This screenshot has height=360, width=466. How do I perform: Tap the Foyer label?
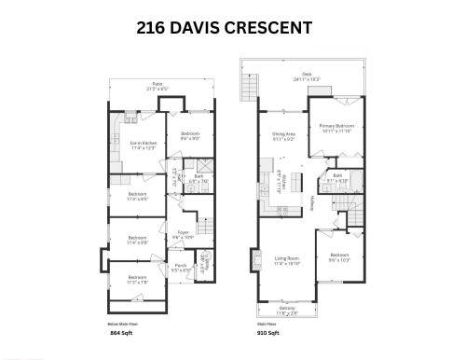[183, 236]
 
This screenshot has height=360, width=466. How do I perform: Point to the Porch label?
[180, 267]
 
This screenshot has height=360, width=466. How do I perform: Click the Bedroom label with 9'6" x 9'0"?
[189, 136]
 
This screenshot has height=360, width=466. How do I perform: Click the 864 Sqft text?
[121, 332]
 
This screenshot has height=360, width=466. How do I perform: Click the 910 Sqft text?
[267, 332]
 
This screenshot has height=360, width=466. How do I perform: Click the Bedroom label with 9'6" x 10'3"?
[338, 256]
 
